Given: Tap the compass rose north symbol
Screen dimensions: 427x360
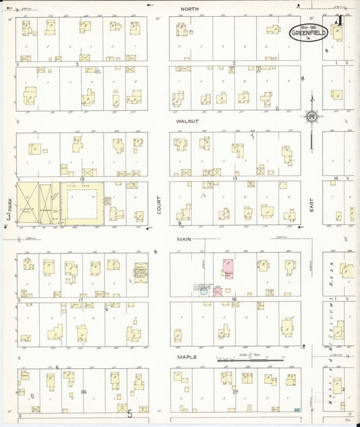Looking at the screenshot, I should (x=311, y=117).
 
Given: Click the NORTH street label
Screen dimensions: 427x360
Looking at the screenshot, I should (x=188, y=9).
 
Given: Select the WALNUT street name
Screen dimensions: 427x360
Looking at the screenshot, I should (x=186, y=122).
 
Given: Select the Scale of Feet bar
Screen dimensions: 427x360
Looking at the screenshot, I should (x=249, y=361).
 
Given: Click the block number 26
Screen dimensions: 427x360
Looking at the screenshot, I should (x=84, y=391).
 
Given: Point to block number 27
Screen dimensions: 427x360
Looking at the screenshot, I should (x=235, y=391).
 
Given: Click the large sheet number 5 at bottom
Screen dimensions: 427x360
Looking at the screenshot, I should (x=129, y=413).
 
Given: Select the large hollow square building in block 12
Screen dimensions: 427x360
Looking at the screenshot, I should (x=84, y=203).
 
